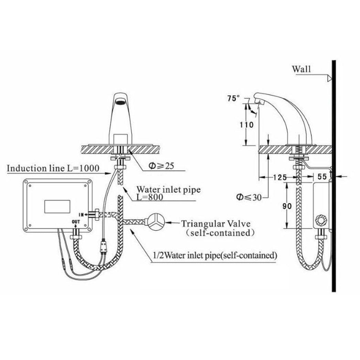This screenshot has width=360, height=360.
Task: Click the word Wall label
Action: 301,69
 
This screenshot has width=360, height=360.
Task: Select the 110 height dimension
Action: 246,124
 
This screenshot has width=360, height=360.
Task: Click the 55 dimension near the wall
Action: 322,177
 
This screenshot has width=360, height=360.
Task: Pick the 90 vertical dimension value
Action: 287,206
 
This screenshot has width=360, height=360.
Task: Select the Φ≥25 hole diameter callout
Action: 161,166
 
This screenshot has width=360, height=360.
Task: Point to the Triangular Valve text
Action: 216,223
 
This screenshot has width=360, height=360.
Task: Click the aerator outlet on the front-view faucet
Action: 120,101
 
